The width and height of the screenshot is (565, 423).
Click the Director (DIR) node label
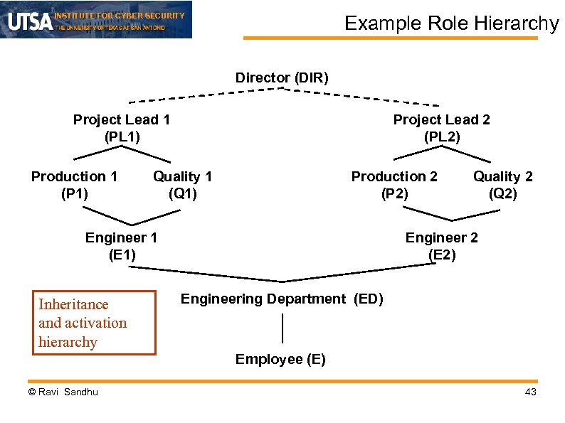click(x=282, y=77)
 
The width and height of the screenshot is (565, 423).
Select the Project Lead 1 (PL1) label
click(x=122, y=128)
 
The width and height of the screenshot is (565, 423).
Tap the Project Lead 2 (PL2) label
click(x=441, y=128)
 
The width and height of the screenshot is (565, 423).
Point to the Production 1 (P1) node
click(x=74, y=184)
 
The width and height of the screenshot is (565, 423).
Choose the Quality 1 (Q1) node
click(x=182, y=184)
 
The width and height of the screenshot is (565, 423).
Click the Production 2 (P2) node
click(x=394, y=184)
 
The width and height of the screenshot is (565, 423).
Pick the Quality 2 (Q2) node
click(x=502, y=184)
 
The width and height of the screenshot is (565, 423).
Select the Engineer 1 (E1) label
click(x=121, y=246)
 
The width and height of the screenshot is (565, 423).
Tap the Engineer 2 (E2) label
click(x=441, y=246)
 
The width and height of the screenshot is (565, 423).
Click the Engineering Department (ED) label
click(x=282, y=299)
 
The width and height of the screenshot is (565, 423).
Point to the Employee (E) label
click(x=280, y=360)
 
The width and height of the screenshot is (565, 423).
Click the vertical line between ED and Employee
click(x=283, y=328)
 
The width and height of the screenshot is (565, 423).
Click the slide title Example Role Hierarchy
click(x=452, y=23)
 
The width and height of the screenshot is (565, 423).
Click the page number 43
click(x=530, y=393)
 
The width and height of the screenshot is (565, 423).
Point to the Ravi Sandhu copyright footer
click(x=63, y=392)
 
